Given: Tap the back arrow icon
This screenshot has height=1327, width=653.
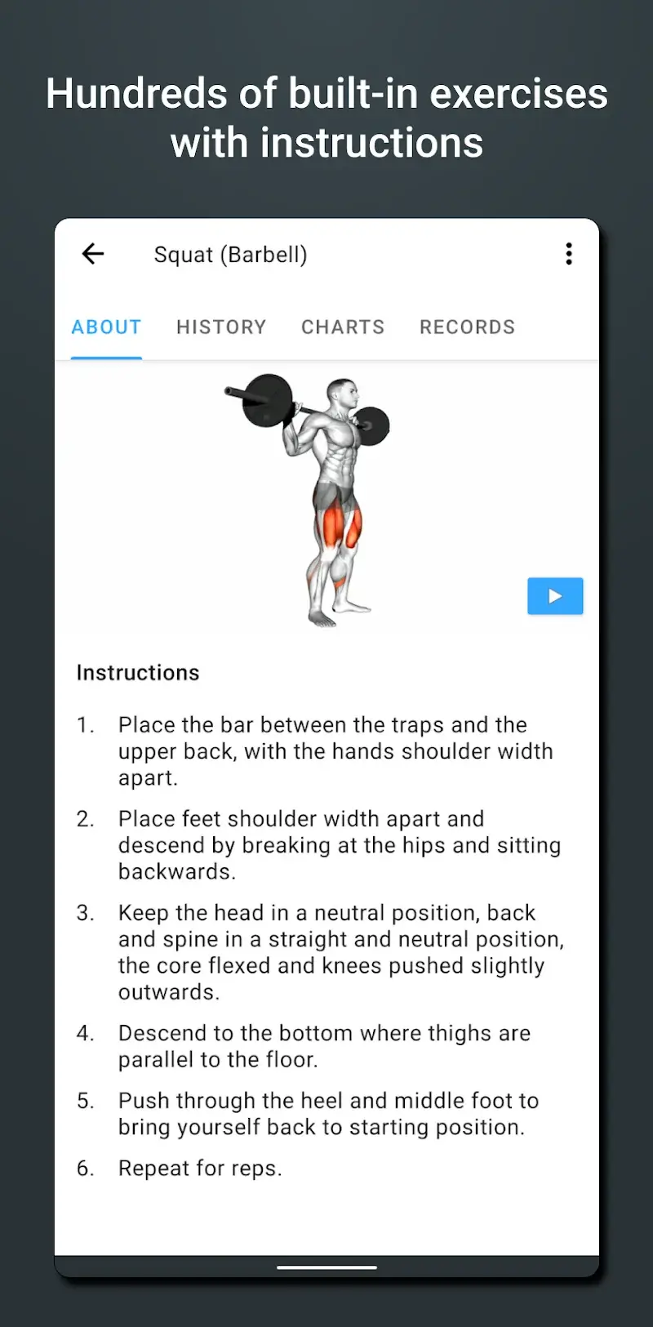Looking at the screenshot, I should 93,254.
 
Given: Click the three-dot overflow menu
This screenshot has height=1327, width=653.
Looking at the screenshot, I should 569,254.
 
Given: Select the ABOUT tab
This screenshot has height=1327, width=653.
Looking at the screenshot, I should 106,327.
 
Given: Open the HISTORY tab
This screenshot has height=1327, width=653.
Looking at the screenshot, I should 221,327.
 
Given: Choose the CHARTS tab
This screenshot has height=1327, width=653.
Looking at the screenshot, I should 343,327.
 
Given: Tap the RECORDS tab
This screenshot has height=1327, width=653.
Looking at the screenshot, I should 467,327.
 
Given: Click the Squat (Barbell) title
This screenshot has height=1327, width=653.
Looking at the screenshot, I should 230,255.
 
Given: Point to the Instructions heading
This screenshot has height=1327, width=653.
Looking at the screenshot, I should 138,673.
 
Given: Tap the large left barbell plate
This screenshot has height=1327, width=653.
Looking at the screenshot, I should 268,400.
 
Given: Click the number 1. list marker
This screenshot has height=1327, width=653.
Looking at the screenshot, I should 86,725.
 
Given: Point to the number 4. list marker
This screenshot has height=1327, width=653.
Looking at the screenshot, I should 86,1034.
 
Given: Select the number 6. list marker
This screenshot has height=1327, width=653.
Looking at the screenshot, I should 86,1169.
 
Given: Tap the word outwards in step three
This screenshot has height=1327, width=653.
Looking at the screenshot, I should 168,992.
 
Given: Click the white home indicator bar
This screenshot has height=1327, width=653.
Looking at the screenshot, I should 326,1267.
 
